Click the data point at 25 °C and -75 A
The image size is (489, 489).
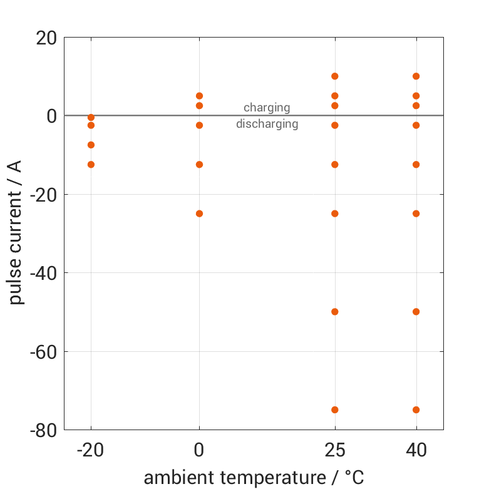pos(335,410)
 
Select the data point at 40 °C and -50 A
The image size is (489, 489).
pos(416,312)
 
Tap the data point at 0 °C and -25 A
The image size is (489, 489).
pos(200,214)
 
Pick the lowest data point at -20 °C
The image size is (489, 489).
pos(91,165)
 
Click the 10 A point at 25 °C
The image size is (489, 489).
pos(335,76)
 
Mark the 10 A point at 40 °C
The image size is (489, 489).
pos(416,76)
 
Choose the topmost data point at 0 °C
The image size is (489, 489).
pos(200,96)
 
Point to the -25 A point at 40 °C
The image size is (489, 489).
pos(416,214)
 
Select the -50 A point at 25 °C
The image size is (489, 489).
pos(335,312)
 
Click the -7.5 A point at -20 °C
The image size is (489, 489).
pos(91,145)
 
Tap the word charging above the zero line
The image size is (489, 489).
pos(267,108)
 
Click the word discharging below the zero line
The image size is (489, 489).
pos(267,124)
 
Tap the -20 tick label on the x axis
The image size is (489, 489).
pos(91,451)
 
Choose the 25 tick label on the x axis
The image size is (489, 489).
pos(335,451)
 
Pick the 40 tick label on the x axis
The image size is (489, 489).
pos(416,451)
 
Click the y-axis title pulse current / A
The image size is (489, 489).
pos(16,234)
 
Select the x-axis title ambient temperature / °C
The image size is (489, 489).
pos(254,478)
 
